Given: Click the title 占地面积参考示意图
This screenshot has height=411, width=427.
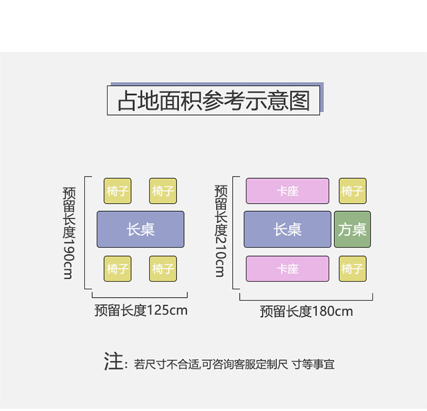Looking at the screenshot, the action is tap(213, 100).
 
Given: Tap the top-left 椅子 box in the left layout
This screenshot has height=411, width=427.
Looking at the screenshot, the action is tap(117, 191).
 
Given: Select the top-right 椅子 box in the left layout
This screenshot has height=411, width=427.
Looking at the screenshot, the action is tap(163, 191).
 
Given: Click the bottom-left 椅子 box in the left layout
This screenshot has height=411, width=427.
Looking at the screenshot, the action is tap(117, 268).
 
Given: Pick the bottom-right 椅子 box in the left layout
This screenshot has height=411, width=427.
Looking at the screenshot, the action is tap(163, 268).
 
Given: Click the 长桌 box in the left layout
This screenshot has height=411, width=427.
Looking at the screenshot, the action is tap(140, 229).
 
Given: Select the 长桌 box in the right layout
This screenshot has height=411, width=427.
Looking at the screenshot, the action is tap(288, 229).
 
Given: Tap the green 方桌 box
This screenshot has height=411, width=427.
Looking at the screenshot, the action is tap(352, 229).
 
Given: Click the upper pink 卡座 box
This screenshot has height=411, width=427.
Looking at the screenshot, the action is tap(288, 191).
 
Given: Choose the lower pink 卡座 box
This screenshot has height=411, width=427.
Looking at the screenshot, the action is tap(288, 268).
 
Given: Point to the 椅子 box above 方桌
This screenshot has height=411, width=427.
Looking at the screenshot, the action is tap(352, 191).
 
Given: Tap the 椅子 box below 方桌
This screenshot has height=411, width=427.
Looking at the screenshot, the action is tap(352, 268).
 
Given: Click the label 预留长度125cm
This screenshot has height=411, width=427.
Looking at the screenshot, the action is tap(141, 310).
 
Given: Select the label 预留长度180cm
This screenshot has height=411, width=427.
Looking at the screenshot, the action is tap(306, 311).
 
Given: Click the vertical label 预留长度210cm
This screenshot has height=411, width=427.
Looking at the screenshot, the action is tap(220, 230).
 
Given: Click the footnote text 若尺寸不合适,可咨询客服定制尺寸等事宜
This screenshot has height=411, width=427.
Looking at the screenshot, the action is tap(234, 364).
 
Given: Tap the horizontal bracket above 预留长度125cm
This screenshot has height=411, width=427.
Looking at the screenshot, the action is tap(139, 295).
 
